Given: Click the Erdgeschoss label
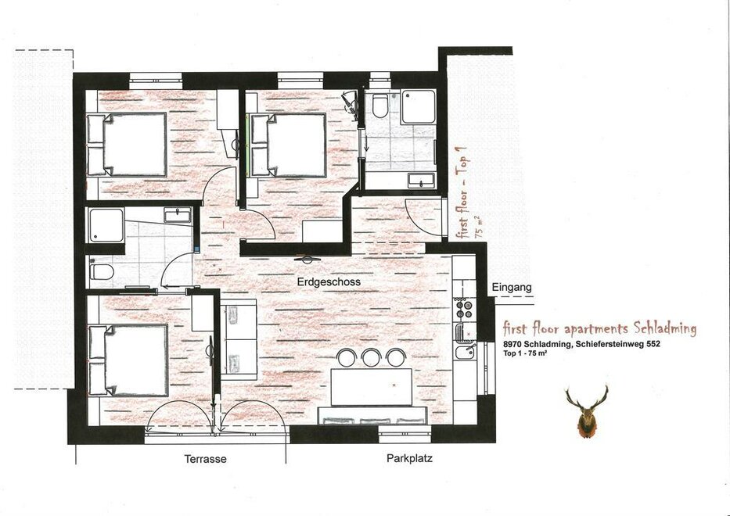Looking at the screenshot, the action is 329,282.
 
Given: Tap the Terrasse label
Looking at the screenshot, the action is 205,459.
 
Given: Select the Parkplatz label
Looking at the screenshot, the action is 409,458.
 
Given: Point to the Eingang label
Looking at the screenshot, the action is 512,288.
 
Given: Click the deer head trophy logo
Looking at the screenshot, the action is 587,411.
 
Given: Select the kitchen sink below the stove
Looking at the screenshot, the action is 465,352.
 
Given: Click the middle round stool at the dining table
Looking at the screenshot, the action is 372,357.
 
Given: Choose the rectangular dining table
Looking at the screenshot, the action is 372,387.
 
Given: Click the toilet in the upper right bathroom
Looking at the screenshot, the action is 380,106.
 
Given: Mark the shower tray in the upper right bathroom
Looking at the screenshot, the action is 419,106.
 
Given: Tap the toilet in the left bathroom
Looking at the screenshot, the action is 102,272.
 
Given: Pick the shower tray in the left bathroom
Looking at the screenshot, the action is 106,225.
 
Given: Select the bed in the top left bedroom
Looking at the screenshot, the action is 127,144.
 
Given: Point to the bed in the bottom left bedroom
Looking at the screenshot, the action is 128,360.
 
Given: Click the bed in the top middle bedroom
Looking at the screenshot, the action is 289,145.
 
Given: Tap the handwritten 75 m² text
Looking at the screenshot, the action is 479,227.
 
